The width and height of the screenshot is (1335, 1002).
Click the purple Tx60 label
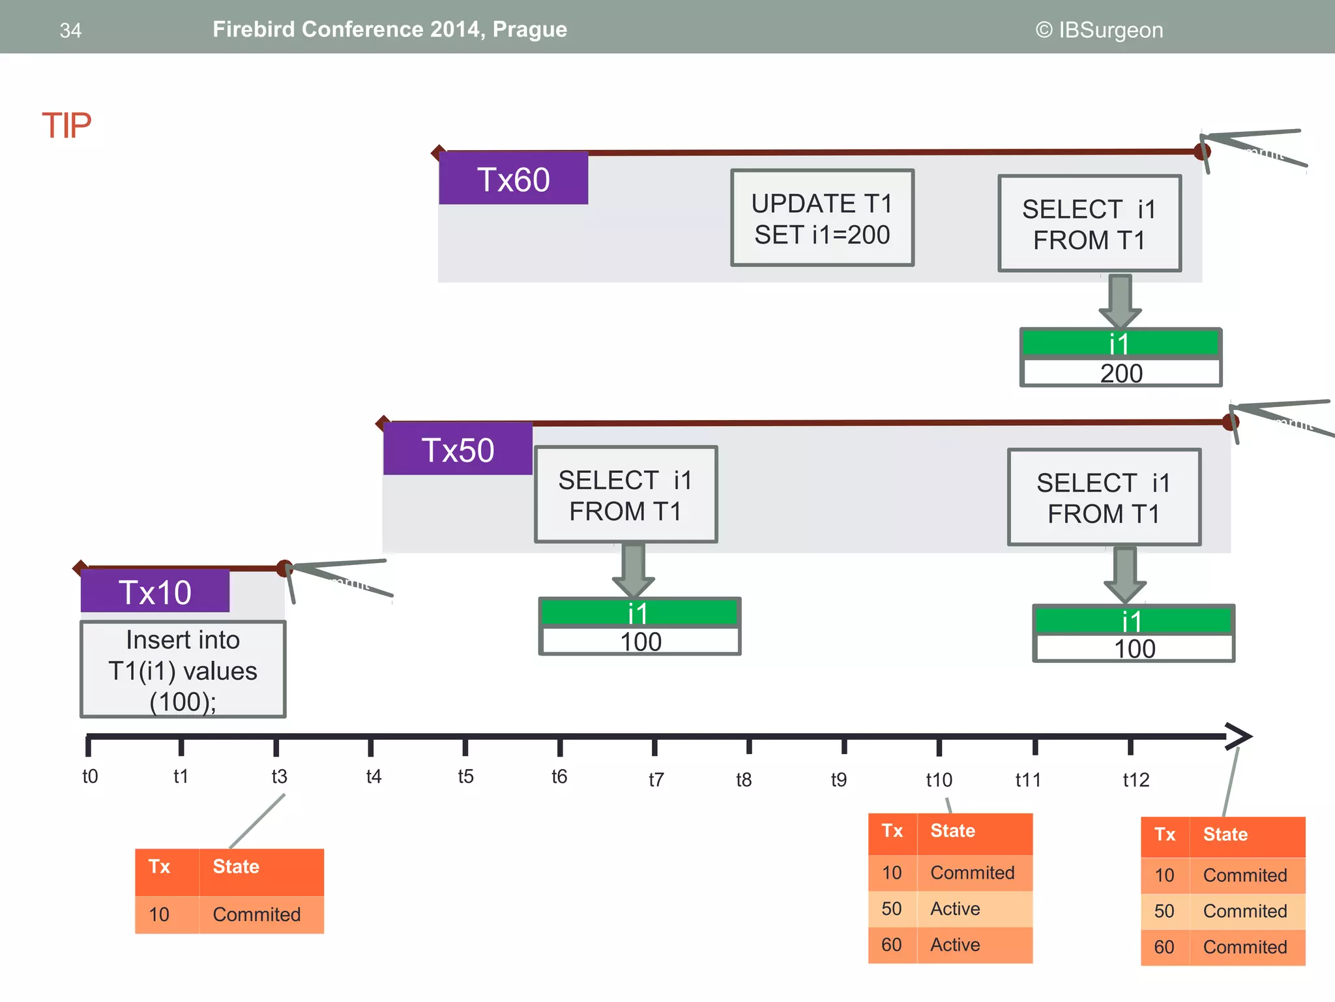[x=513, y=179]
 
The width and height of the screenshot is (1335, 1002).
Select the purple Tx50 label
[x=458, y=449]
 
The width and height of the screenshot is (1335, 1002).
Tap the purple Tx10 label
[x=155, y=592]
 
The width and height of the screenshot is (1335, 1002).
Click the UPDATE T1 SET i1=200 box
[x=822, y=219]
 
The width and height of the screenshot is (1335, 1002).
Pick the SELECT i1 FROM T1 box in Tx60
[x=1089, y=224]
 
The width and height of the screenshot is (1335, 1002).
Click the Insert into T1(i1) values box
[x=183, y=670]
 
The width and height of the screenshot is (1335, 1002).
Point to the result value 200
[x=1121, y=373]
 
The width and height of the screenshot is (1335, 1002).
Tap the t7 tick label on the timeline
[x=656, y=780]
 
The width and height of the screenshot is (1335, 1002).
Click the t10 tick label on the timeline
[x=939, y=780]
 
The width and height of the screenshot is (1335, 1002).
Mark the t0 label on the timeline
[x=90, y=776]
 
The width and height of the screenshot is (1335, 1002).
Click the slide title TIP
[x=66, y=125]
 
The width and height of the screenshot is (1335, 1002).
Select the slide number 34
[x=70, y=30]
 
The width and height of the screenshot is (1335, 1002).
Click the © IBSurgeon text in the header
[x=1099, y=30]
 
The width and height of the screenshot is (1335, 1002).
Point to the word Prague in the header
[x=529, y=29]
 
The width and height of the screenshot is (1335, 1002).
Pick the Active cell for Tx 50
[x=955, y=909]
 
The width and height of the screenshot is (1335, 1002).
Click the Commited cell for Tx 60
[x=1244, y=947]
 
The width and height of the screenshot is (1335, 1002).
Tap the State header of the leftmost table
[x=236, y=866]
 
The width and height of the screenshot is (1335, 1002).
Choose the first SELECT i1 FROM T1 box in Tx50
[x=625, y=495]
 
